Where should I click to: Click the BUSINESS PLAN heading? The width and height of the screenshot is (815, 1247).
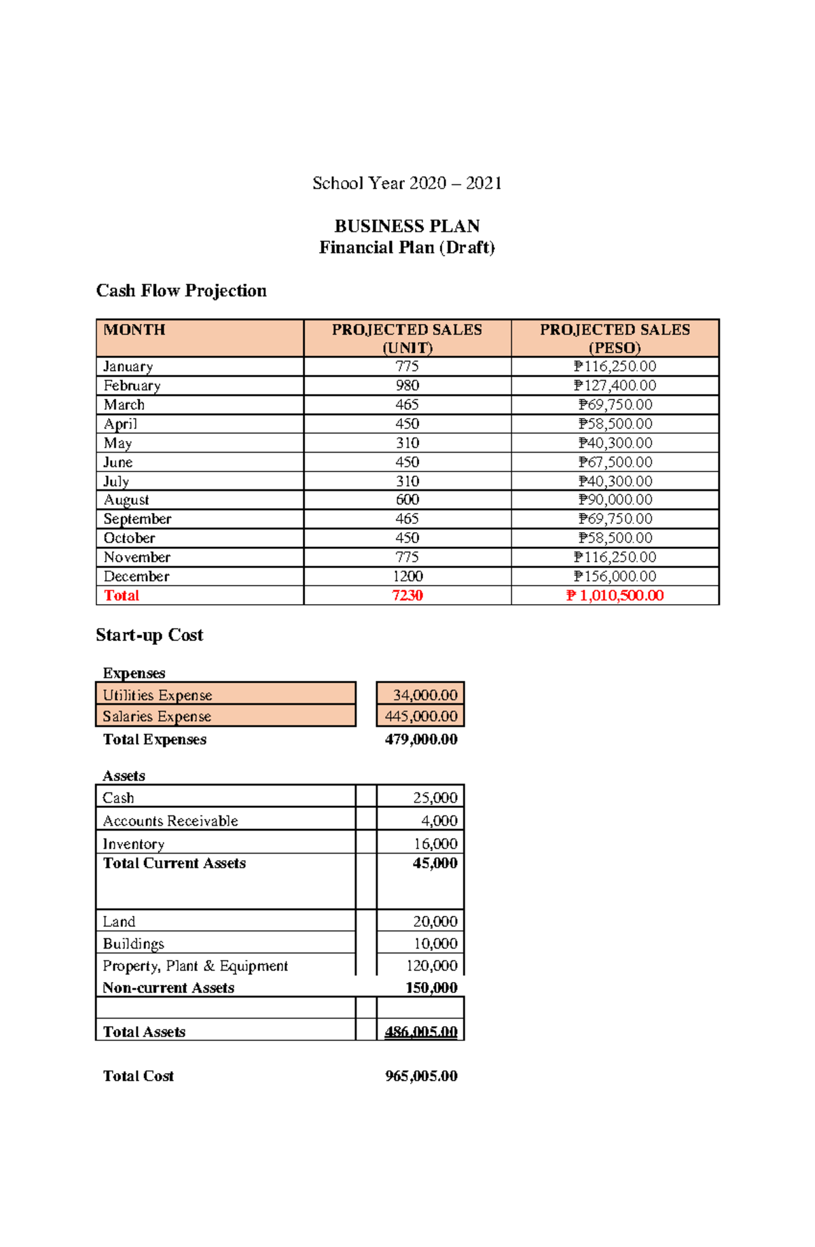coord(407,226)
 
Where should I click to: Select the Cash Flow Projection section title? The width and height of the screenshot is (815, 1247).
coord(181,291)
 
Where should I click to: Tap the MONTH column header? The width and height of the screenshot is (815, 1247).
coord(134,330)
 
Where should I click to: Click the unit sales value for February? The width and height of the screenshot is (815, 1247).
coord(407,385)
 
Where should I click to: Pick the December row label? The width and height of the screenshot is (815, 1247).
coord(137,576)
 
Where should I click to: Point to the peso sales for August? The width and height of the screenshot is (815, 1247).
coord(615,499)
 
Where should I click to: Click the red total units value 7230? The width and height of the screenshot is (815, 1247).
coord(407,595)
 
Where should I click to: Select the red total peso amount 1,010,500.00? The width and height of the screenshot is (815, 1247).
coord(615,595)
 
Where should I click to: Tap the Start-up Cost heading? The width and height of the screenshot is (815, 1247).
coord(149,635)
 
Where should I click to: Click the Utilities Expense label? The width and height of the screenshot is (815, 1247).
coord(158,695)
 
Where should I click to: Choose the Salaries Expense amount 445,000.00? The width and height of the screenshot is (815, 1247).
coord(421,716)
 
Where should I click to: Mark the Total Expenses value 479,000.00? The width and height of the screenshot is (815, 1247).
coord(421,739)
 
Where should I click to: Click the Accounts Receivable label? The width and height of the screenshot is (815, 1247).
coord(170,821)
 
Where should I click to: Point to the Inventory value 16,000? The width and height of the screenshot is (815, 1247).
coord(435,844)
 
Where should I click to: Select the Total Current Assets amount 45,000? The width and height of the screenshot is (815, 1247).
coord(435,863)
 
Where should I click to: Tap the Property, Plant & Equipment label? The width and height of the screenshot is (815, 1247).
coord(196,966)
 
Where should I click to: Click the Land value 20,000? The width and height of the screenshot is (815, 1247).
coord(435,921)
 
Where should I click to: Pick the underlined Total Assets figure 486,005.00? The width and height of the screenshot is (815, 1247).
coord(421,1032)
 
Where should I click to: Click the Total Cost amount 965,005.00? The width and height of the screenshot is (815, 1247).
coord(421,1076)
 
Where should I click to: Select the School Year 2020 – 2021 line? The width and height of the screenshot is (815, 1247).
coord(407,183)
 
